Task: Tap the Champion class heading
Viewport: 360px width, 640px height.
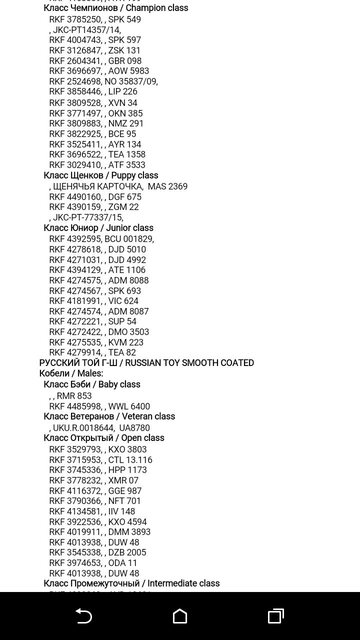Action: pyautogui.click(x=115, y=8)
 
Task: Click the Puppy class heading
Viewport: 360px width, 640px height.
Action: pyautogui.click(x=100, y=175)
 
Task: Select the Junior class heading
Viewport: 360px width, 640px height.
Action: pyautogui.click(x=98, y=228)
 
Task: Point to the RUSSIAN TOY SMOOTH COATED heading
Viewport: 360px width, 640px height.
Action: pyautogui.click(x=146, y=363)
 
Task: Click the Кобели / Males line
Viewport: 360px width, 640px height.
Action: pyautogui.click(x=71, y=373)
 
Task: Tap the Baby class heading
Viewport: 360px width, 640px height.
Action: pyautogui.click(x=91, y=384)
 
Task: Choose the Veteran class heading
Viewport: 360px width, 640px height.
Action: pyautogui.click(x=109, y=416)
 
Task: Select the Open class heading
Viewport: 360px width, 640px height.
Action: pyautogui.click(x=103, y=438)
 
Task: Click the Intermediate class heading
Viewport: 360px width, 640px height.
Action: pyautogui.click(x=131, y=583)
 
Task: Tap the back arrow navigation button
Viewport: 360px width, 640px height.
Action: pyautogui.click(x=83, y=616)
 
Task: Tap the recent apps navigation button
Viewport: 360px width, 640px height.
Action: pyautogui.click(x=276, y=616)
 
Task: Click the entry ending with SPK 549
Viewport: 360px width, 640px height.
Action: pyautogui.click(x=95, y=19)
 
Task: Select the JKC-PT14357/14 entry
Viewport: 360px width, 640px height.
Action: pyautogui.click(x=86, y=30)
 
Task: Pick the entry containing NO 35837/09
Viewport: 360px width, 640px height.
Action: pyautogui.click(x=103, y=81)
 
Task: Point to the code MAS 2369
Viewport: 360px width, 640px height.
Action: pyautogui.click(x=167, y=186)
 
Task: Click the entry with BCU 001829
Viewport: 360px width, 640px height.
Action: pyautogui.click(x=101, y=239)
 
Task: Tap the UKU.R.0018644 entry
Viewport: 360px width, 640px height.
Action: pyautogui.click(x=83, y=428)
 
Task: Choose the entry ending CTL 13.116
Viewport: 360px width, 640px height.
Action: pyautogui.click(x=100, y=460)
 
